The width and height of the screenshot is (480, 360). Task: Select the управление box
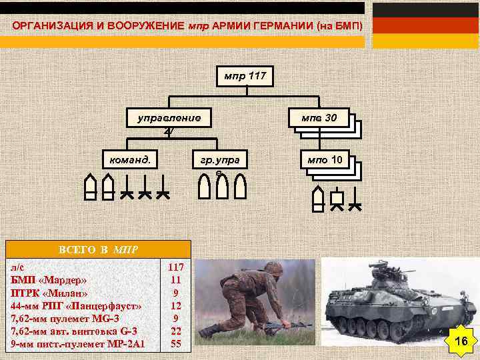pos(169,119)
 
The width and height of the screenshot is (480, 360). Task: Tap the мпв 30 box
pos(319,119)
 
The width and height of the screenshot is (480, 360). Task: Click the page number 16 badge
pos(461,341)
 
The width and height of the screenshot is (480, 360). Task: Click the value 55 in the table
pos(176,344)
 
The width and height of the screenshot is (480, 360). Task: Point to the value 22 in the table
pos(176,331)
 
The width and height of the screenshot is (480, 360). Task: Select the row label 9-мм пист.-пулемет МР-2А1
pos(78,344)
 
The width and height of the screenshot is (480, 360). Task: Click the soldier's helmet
pos(273,268)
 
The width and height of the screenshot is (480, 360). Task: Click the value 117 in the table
pos(176,267)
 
